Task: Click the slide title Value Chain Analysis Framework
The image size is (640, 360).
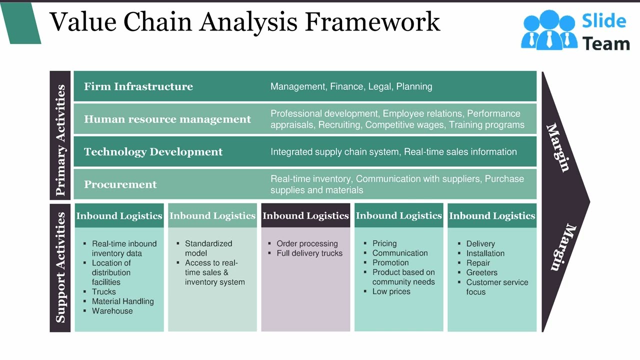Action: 244,22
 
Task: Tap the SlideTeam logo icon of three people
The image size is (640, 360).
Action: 548,30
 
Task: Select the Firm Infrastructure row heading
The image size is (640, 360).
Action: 138,86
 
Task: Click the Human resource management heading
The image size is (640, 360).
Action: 167,119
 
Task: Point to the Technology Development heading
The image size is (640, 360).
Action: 153,152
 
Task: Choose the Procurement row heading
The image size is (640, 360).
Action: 120,184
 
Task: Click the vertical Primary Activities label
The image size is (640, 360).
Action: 60,140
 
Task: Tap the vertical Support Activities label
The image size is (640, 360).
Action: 60,267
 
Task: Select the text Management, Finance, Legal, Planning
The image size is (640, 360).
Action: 351,86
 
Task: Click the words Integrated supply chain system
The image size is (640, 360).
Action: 334,152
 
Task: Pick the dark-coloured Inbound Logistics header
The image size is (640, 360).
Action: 305,216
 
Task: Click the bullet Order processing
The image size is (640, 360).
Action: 307,243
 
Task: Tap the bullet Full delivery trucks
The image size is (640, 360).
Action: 309,253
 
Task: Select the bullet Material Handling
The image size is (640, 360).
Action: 122,301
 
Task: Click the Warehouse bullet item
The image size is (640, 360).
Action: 112,310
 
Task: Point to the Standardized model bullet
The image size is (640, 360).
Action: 208,248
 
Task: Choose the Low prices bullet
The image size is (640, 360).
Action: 391,291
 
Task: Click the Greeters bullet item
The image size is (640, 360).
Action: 481,272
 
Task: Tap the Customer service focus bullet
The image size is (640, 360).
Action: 496,287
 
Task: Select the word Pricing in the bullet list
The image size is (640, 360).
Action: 384,243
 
